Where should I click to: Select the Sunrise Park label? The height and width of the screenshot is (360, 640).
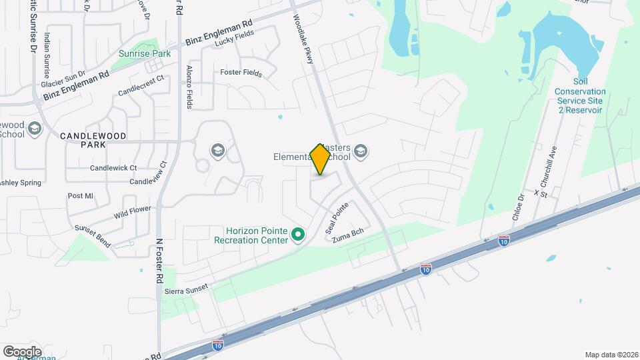pyautogui.click(x=145, y=53)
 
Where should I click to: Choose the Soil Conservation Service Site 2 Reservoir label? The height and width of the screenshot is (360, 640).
pyautogui.click(x=580, y=101)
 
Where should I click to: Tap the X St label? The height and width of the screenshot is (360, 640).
pyautogui.click(x=540, y=193)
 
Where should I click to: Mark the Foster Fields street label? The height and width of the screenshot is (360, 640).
pyautogui.click(x=241, y=73)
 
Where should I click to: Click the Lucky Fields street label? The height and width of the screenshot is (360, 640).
pyautogui.click(x=235, y=42)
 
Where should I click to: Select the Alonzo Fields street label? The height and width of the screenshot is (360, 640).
pyautogui.click(x=189, y=87)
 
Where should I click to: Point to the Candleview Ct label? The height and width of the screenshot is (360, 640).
pyautogui.click(x=151, y=180)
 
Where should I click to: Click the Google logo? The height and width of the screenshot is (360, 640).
pyautogui.click(x=22, y=351)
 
